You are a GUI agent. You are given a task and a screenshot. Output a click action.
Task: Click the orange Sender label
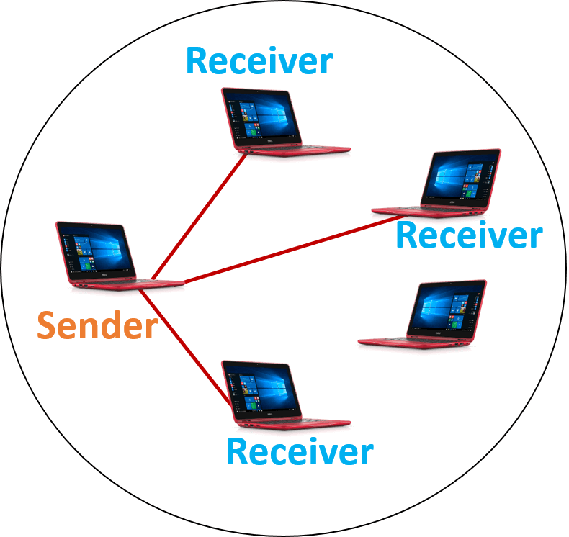97,326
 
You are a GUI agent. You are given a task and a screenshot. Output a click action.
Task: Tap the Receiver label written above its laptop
259,61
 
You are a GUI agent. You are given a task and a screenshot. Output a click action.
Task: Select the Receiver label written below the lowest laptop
300,452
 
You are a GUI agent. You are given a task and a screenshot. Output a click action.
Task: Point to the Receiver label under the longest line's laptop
468,235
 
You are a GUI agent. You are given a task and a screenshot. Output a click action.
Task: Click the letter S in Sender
48,327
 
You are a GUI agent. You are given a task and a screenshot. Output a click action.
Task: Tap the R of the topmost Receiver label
197,62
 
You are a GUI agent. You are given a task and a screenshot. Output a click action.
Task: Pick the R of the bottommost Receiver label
238,453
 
